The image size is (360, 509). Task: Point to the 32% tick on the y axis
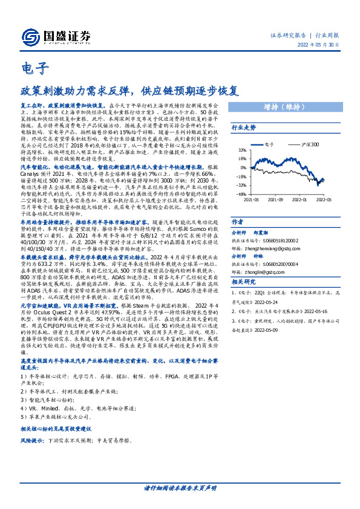(242, 150)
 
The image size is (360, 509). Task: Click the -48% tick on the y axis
(241, 195)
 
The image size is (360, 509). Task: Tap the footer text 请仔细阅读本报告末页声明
(180, 488)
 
